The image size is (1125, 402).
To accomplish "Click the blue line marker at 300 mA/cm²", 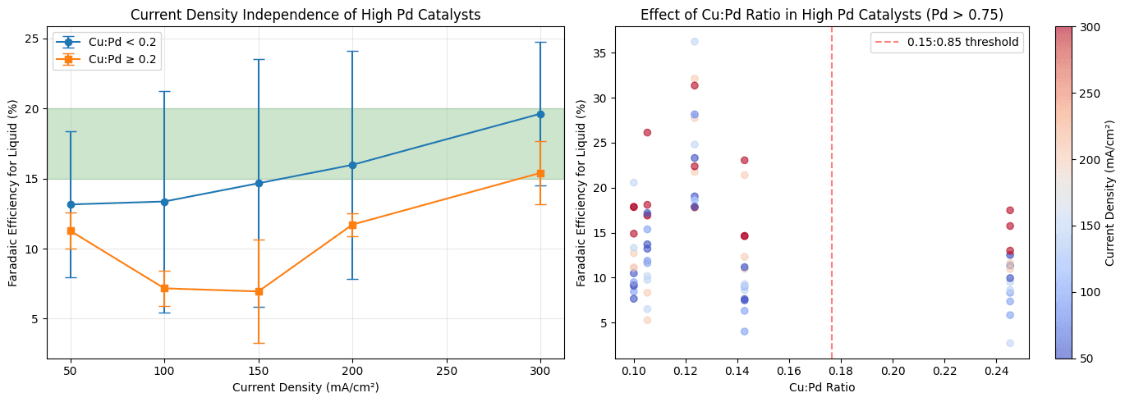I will tap(540, 114).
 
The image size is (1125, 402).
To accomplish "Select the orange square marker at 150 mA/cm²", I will tap(259, 291).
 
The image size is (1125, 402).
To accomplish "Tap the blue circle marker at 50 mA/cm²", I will tap(71, 204).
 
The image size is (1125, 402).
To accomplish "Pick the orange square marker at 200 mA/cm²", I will tap(352, 225).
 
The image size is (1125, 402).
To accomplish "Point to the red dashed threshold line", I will tap(832, 205).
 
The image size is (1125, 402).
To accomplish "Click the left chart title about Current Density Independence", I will tap(305, 14).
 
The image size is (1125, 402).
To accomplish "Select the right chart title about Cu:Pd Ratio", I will tap(822, 14).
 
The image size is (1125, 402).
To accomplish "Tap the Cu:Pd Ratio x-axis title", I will tap(822, 388).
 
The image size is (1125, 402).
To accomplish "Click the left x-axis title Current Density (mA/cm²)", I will tap(305, 386).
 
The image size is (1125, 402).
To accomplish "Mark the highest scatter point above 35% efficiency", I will tap(694, 41).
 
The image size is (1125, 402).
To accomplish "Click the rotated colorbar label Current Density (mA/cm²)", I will tap(1110, 192).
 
